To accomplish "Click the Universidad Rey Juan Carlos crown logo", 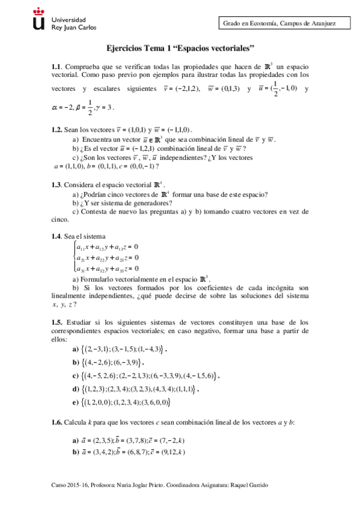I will [x=39, y=21].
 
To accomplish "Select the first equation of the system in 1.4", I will [x=106, y=247].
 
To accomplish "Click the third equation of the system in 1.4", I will [x=106, y=268].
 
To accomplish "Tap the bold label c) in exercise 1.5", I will [x=76, y=376].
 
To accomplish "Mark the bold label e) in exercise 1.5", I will [x=76, y=402].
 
